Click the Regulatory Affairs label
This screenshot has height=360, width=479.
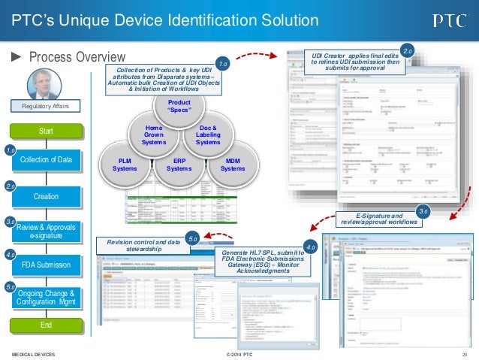[x=47, y=107]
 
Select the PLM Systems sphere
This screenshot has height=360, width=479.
[x=125, y=164]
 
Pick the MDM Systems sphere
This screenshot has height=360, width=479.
[x=233, y=164]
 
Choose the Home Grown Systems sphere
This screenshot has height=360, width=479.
[x=153, y=133]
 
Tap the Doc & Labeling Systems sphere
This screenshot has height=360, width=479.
[x=208, y=133]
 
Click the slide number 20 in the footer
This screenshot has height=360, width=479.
[x=465, y=352]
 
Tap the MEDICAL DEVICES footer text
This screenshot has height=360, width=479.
[x=33, y=352]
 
